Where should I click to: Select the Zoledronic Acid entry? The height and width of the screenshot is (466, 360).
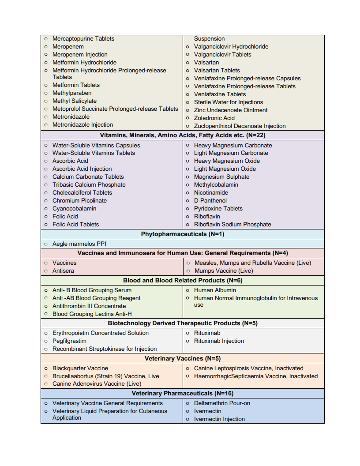[214, 118]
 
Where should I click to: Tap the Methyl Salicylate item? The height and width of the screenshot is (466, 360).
[74, 101]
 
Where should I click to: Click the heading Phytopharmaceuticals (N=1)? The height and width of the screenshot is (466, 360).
[183, 234]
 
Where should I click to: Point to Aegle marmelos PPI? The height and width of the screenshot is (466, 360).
[79, 244]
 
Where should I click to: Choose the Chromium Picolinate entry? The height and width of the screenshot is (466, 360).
[79, 201]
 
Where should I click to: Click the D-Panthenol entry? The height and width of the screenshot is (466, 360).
[210, 201]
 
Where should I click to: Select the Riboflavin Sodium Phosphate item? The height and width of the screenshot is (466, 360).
[232, 225]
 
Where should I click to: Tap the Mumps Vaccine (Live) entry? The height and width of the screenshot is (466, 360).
[224, 271]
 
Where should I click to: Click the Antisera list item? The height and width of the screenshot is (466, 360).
[63, 271]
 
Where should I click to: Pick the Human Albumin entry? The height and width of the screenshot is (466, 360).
[215, 290]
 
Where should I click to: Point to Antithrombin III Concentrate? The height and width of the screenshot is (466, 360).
[89, 306]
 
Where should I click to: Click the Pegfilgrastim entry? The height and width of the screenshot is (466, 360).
[69, 341]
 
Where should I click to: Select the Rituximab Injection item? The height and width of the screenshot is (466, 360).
[219, 341]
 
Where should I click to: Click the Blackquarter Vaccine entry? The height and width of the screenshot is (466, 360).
[80, 368]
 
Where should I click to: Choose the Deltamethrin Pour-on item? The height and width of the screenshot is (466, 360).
[222, 403]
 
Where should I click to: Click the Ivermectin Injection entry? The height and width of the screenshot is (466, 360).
[219, 419]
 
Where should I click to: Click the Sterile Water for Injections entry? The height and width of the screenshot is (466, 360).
[229, 102]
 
